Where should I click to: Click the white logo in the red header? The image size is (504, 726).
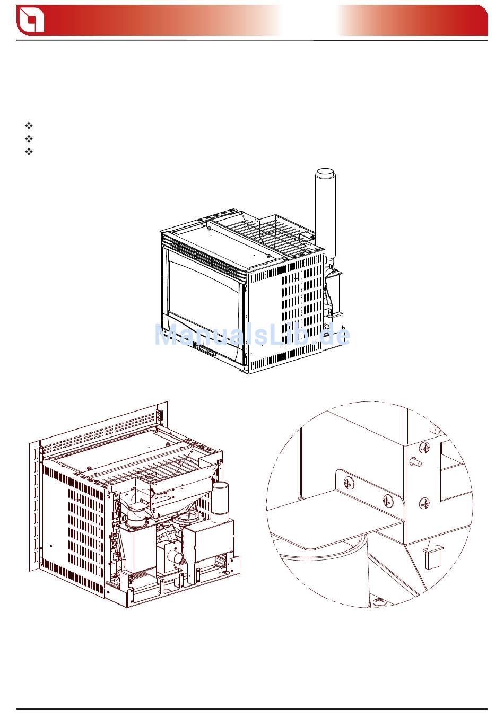click(x=31, y=20)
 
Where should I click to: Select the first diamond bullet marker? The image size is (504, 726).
click(x=29, y=126)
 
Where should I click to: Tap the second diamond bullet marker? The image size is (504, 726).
click(x=29, y=139)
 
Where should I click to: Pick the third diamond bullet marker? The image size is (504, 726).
click(x=29, y=152)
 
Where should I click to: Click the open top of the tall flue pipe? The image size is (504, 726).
click(x=325, y=172)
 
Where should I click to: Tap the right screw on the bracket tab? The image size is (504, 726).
click(x=388, y=501)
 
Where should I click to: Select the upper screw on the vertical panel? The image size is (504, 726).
click(x=424, y=448)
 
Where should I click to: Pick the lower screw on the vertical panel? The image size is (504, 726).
click(x=424, y=504)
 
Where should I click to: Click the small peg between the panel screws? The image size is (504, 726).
click(x=415, y=461)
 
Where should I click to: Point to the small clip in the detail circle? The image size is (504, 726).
click(x=433, y=557)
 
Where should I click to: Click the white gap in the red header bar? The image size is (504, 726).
click(x=310, y=20)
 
